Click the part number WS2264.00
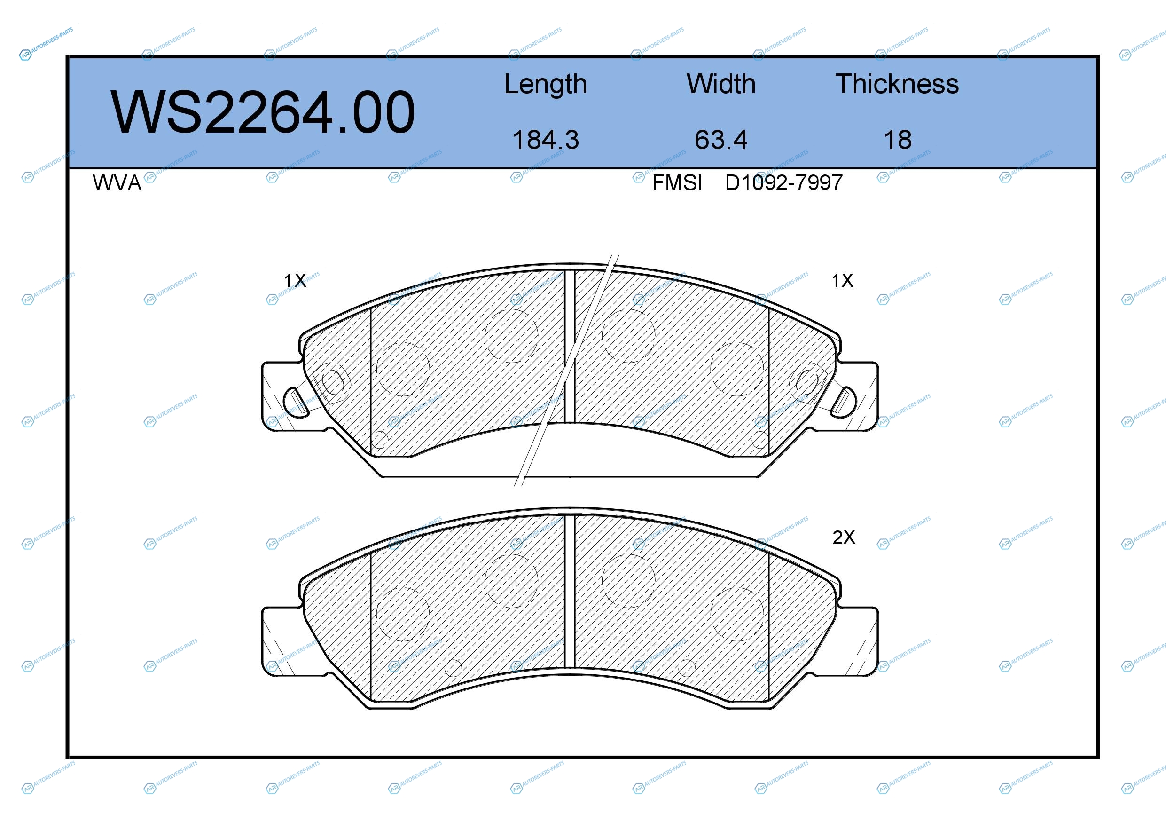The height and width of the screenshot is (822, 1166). pyautogui.click(x=263, y=112)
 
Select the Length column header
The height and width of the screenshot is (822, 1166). pyautogui.click(x=546, y=84)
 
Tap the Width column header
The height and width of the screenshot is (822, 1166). pyautogui.click(x=720, y=84)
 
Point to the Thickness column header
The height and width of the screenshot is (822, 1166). pyautogui.click(x=897, y=84)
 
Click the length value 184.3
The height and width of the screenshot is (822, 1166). pyautogui.click(x=546, y=140)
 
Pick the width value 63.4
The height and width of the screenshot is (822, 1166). pyautogui.click(x=720, y=140)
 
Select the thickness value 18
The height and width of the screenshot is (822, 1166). pyautogui.click(x=897, y=140)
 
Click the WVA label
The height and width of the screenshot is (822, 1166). pyautogui.click(x=117, y=183)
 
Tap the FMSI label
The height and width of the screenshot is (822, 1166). pyautogui.click(x=677, y=183)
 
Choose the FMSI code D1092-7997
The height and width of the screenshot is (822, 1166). pyautogui.click(x=783, y=183)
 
